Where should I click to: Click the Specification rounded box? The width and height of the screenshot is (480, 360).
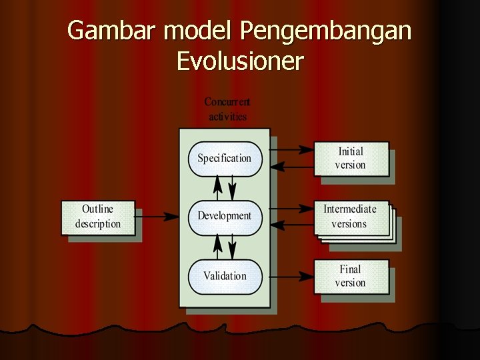[224, 159]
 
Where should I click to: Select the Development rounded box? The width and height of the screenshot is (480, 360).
[224, 216]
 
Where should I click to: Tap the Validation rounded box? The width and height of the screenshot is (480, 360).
[224, 276]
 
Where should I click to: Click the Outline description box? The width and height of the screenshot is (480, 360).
[97, 217]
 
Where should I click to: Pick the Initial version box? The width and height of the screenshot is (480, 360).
[351, 159]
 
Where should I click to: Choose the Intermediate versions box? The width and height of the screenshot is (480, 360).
[351, 217]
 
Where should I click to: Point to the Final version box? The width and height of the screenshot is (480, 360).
[351, 276]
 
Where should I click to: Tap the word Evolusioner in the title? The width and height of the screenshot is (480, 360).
[240, 61]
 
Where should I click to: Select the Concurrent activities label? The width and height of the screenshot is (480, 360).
[227, 109]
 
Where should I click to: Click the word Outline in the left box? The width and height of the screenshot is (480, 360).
[97, 209]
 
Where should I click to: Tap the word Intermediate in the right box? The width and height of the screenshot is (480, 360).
[350, 209]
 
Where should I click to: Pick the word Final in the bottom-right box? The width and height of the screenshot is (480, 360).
[350, 269]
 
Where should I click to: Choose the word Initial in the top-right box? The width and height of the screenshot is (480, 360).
[351, 152]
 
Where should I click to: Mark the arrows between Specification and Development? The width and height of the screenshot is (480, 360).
[225, 187]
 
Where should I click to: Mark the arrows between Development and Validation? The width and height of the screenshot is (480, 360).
[225, 246]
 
